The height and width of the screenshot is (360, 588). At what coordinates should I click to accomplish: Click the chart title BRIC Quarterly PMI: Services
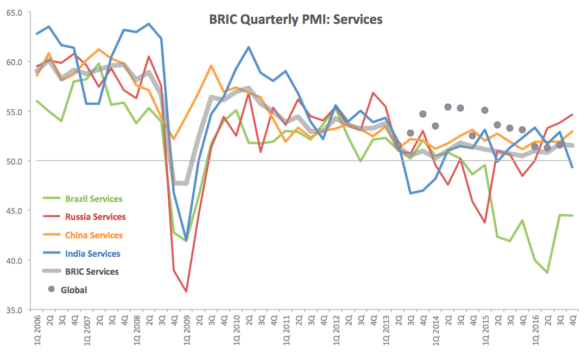click(296, 20)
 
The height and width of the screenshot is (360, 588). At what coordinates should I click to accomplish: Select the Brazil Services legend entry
click(93, 199)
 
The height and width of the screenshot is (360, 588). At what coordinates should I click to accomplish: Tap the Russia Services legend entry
click(95, 217)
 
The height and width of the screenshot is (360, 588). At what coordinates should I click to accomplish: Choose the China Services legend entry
click(93, 235)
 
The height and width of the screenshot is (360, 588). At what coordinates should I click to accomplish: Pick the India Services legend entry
click(92, 254)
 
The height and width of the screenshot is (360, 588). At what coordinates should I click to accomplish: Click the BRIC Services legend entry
click(91, 271)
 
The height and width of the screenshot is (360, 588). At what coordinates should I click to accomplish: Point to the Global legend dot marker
click(52, 289)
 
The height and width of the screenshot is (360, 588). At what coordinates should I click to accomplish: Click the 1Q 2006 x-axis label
click(37, 333)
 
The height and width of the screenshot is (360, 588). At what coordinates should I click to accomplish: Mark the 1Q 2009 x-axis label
click(186, 333)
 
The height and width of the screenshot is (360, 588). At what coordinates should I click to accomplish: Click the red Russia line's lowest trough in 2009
click(186, 292)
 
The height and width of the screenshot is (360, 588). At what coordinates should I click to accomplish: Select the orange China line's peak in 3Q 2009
click(211, 66)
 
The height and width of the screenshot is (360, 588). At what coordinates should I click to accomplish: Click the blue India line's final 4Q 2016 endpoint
click(572, 167)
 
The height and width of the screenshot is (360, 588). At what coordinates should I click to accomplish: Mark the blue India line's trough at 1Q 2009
click(186, 239)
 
